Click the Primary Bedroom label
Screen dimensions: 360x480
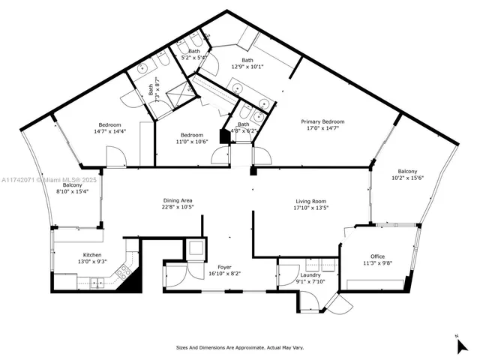tap(322, 121)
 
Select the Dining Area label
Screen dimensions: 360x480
tap(178, 200)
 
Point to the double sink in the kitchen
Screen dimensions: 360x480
tap(97, 282)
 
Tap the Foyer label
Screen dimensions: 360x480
tap(224, 267)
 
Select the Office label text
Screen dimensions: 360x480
tap(377, 256)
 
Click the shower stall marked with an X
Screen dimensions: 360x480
tap(176, 97)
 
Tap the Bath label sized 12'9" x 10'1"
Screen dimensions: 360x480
tap(247, 61)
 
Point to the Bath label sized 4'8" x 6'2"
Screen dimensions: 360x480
tap(244, 124)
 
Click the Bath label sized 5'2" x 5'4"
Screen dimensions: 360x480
tap(194, 51)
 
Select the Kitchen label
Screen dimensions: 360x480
tap(91, 255)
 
